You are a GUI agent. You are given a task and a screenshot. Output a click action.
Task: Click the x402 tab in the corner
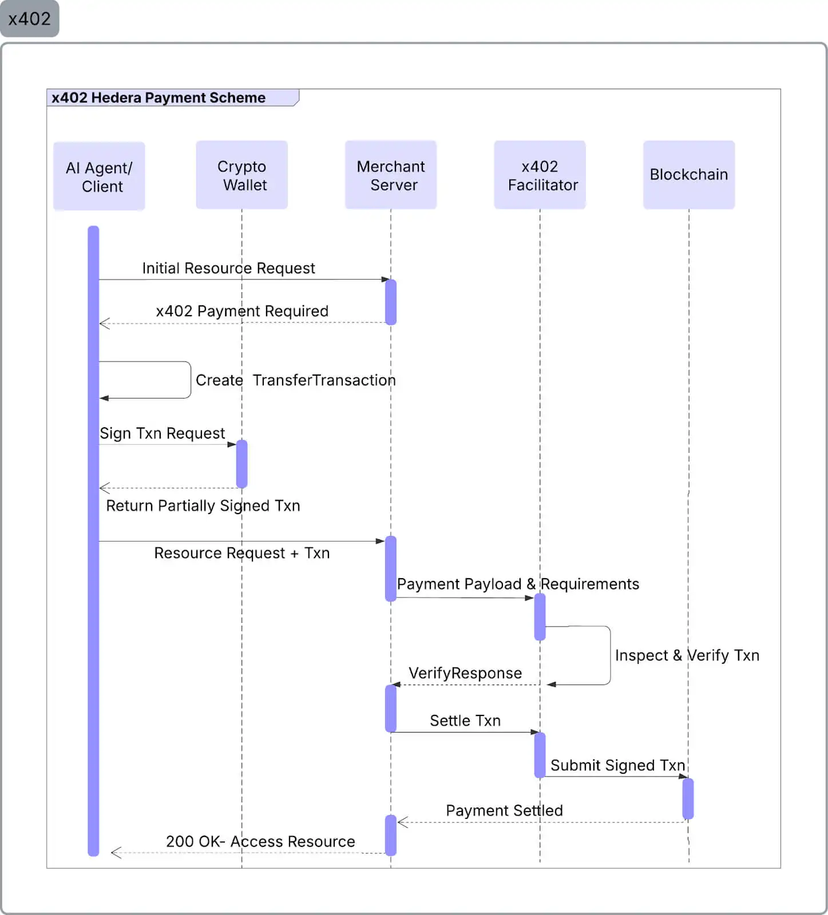coord(29,19)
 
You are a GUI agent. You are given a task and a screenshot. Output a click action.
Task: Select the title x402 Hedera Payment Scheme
coord(159,98)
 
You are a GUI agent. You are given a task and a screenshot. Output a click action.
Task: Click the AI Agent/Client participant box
coord(99,176)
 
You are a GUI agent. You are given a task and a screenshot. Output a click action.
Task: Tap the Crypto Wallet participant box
coord(241,175)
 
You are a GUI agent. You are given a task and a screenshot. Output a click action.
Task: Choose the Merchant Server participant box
coord(391,175)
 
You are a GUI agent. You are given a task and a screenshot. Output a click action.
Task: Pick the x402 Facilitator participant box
coord(540,175)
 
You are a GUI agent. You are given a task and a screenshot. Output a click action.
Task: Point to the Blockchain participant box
coord(688,175)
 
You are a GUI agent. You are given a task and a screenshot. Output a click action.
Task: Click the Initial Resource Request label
coord(228,268)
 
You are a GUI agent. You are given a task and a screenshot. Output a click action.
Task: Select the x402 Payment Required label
coord(242,311)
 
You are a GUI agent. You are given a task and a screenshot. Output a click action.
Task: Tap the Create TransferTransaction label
coord(295,380)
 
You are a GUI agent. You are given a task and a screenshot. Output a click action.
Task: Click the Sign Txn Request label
coord(162,433)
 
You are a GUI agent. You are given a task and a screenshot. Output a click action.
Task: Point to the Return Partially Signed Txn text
coord(203,506)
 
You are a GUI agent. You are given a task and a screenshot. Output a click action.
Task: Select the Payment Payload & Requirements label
coord(518,584)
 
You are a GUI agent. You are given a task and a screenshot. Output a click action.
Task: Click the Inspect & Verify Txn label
coord(687,655)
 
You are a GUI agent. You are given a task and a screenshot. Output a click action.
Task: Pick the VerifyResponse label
coord(465,673)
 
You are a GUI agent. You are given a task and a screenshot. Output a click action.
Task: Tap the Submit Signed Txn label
coord(617,765)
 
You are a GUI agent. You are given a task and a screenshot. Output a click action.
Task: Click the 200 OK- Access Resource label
coord(260,842)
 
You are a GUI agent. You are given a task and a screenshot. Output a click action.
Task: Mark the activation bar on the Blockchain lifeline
coord(688,798)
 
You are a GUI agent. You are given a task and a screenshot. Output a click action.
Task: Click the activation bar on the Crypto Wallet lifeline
coord(241,464)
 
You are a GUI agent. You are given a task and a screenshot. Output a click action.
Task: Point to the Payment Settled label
coord(504,810)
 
